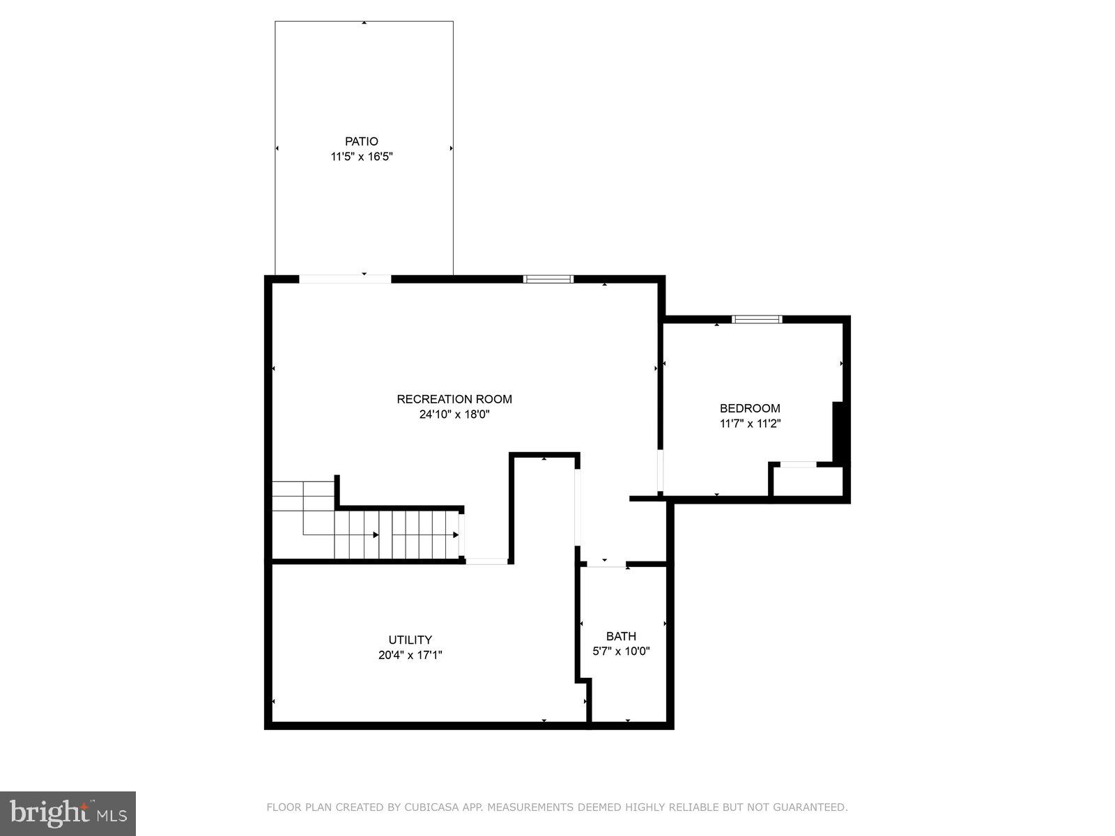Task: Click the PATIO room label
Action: [x=361, y=141]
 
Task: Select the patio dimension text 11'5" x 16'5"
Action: [x=362, y=157]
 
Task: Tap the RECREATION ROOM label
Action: [x=454, y=399]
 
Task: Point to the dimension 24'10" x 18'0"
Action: [x=454, y=415]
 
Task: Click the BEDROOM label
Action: [x=750, y=408]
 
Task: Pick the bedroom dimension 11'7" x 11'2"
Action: [x=750, y=424]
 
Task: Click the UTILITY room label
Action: [x=410, y=640]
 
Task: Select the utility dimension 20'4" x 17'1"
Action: [x=410, y=655]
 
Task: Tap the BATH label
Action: [x=621, y=636]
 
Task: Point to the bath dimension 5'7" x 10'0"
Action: [x=621, y=651]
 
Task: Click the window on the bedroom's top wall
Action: [x=757, y=320]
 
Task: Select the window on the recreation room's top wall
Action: [x=548, y=279]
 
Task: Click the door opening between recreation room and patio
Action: [x=345, y=279]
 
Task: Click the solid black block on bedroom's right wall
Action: [x=840, y=432]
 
